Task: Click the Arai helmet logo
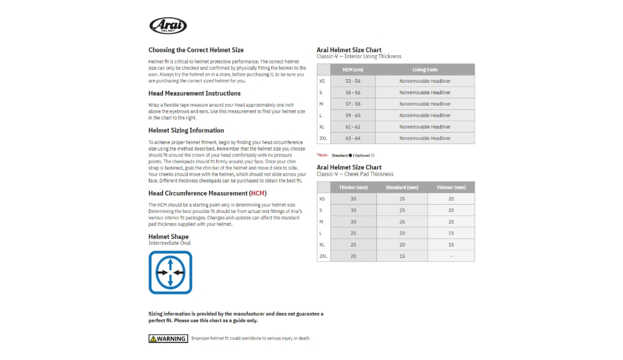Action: (x=168, y=26)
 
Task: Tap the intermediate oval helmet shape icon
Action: (x=170, y=272)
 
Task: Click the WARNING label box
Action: (x=168, y=338)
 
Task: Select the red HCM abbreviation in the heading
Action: (x=258, y=193)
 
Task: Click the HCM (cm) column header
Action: (x=353, y=70)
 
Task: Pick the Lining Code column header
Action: (x=425, y=70)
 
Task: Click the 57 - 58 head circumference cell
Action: (x=353, y=104)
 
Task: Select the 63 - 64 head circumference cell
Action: (x=353, y=138)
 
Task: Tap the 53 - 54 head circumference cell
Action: (x=353, y=81)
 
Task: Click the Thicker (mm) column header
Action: (x=353, y=187)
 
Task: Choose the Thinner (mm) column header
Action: (x=451, y=187)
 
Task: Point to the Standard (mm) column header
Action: (x=402, y=187)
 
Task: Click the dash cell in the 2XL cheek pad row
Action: (x=451, y=256)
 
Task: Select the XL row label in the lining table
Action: (x=322, y=127)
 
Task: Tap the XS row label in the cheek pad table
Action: (x=322, y=199)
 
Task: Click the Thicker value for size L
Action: (x=353, y=233)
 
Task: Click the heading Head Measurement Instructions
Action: (x=194, y=94)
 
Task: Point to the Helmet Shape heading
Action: (x=169, y=236)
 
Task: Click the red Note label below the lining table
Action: (x=323, y=155)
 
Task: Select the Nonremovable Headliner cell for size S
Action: (x=425, y=92)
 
